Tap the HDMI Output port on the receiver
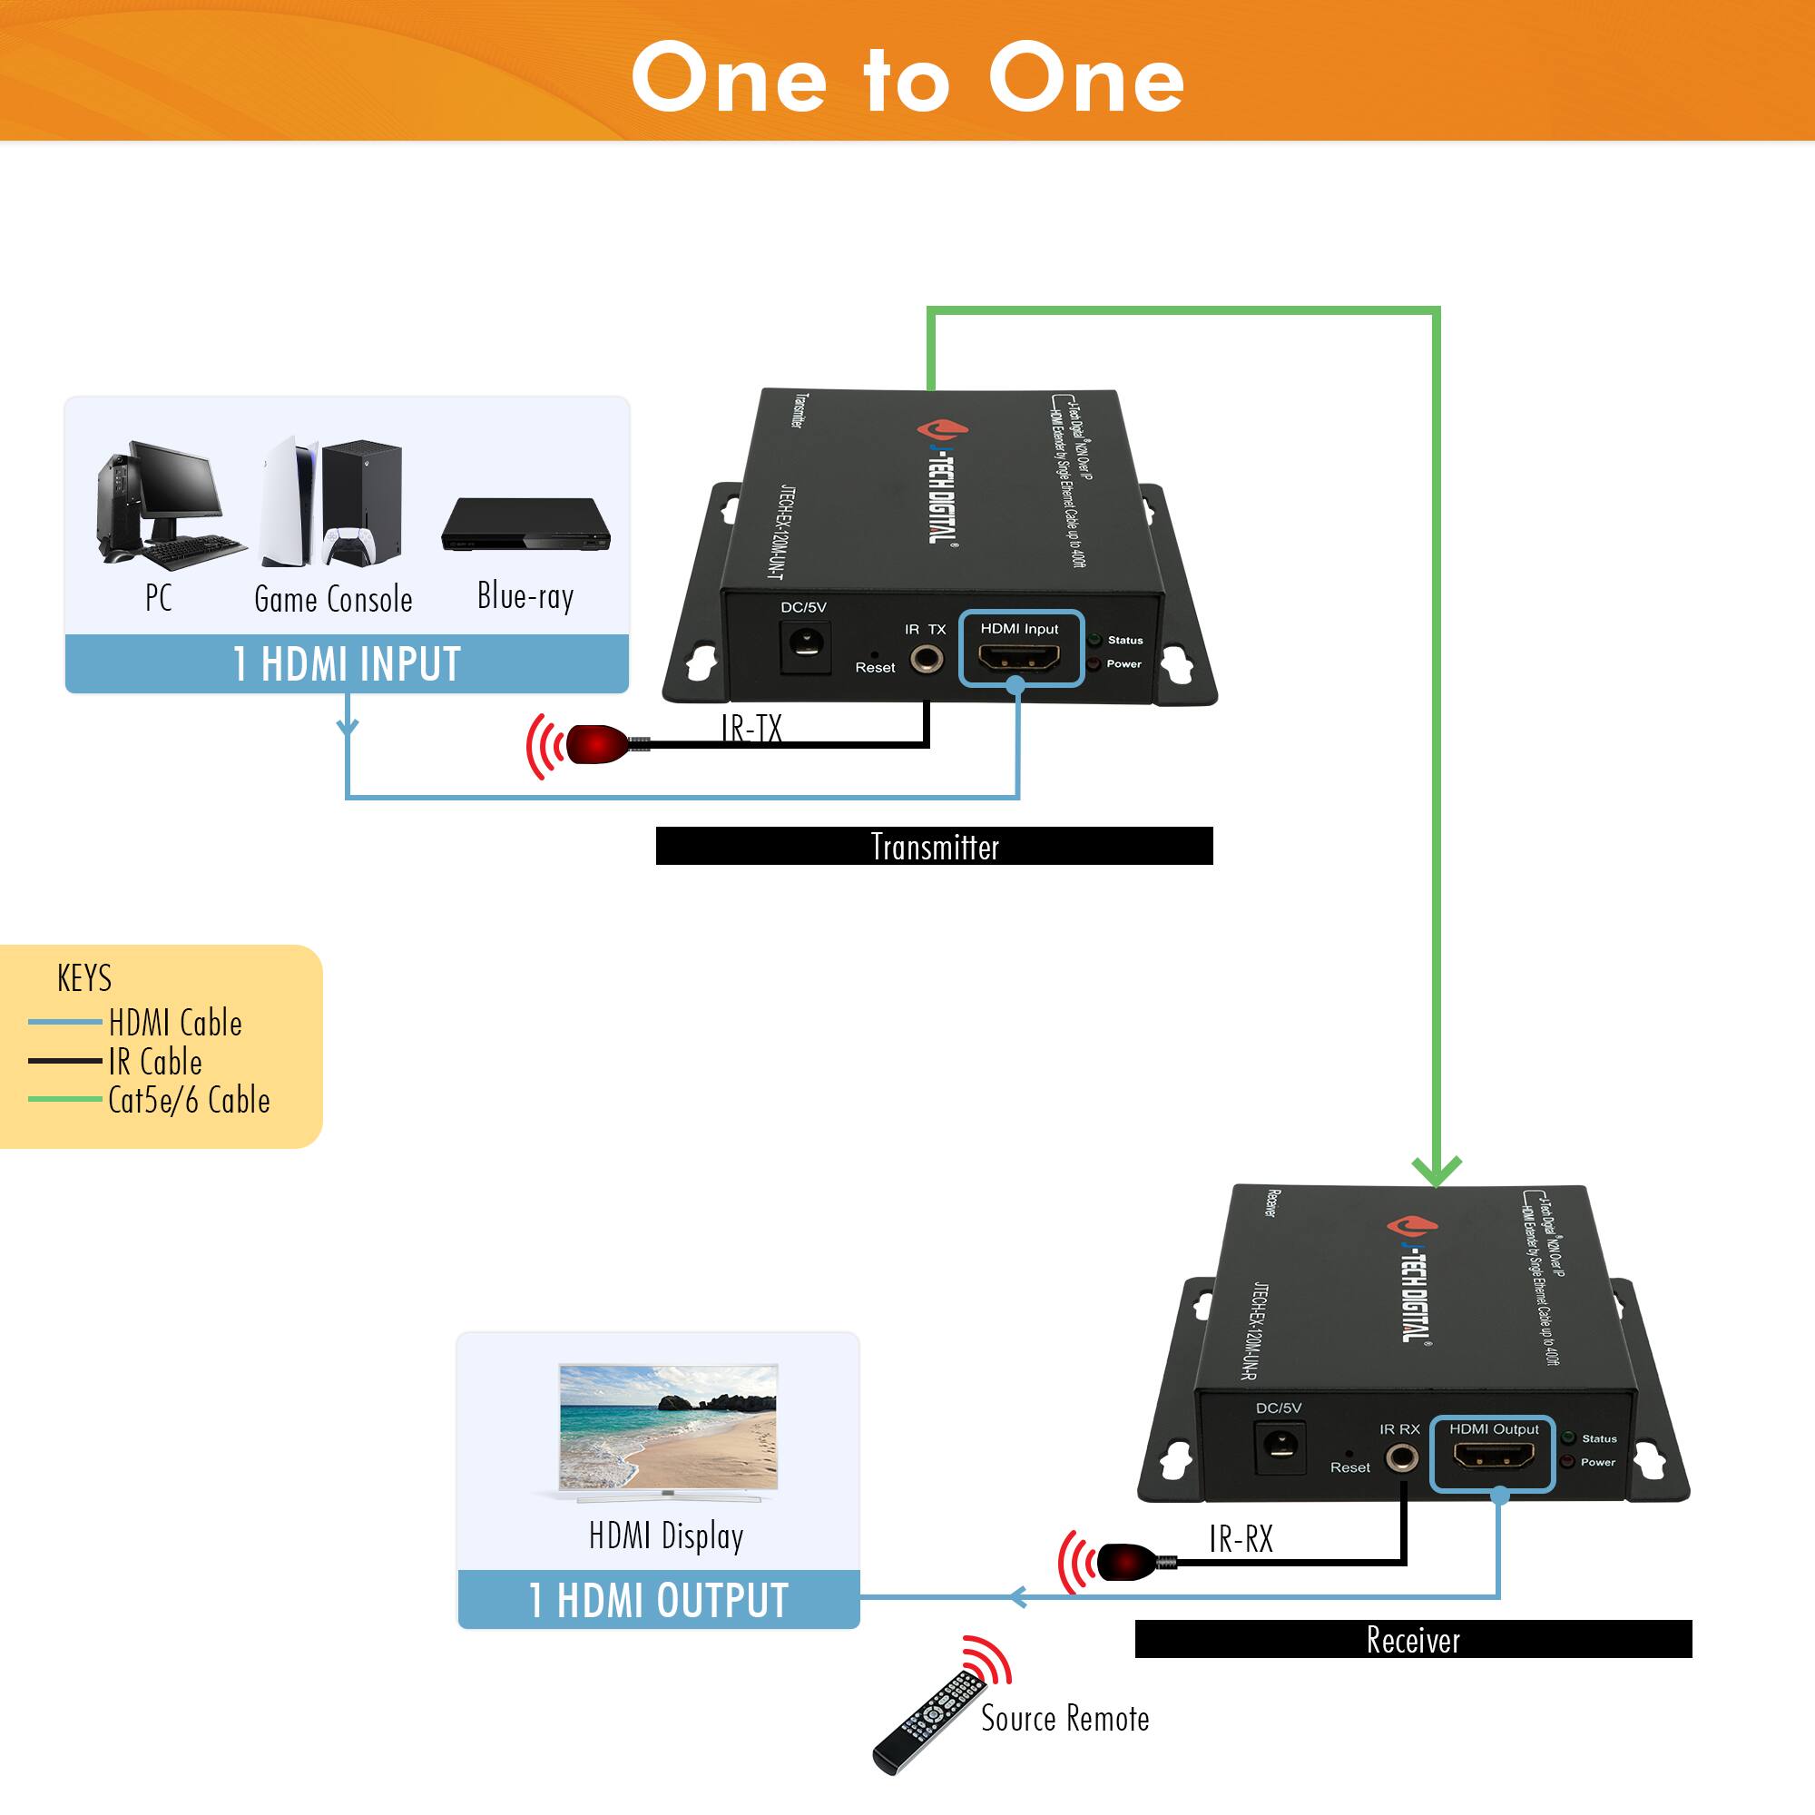coord(1493,1457)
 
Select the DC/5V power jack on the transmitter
coord(805,645)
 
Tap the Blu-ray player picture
coord(526,525)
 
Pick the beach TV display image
coord(668,1427)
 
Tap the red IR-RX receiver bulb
coord(1125,1564)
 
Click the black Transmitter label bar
coord(934,846)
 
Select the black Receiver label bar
coord(1413,1639)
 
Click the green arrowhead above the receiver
coord(1437,1171)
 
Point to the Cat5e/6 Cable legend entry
coord(188,1100)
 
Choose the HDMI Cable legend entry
coord(175,1022)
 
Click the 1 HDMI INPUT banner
coord(347,663)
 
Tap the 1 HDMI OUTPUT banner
coord(659,1600)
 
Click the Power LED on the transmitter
coord(1094,663)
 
